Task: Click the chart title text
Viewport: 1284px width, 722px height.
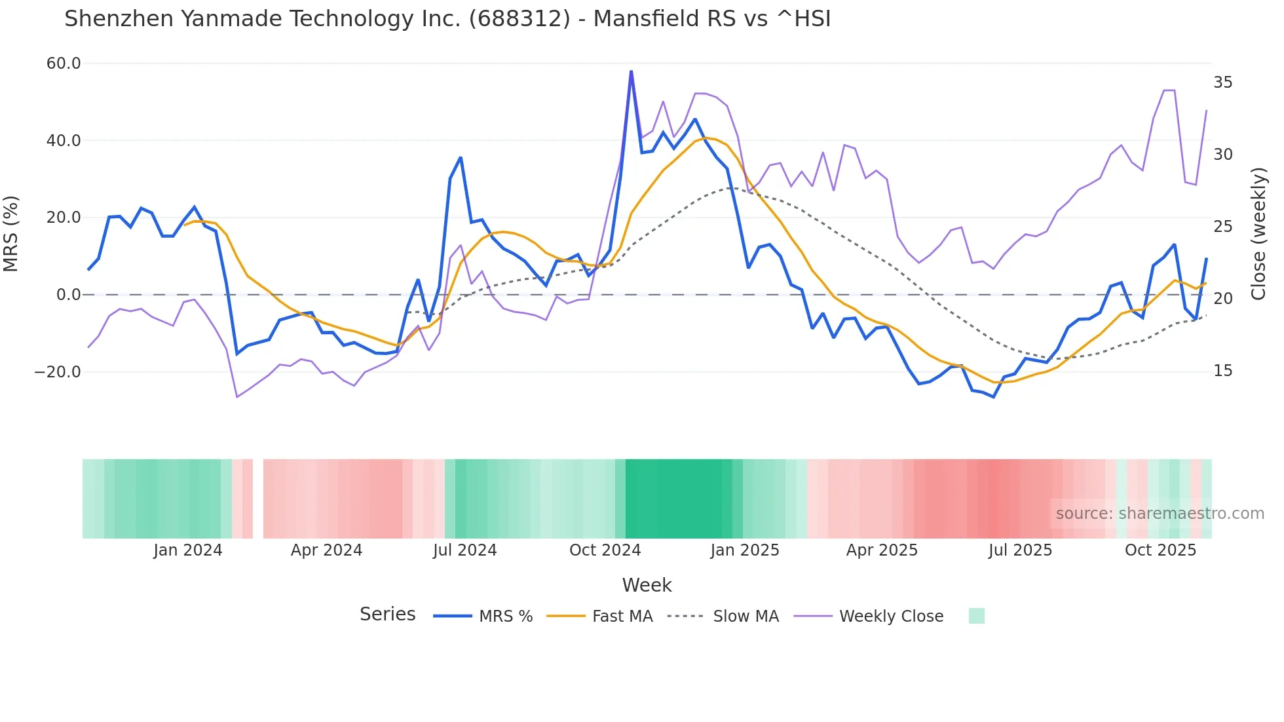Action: pos(447,19)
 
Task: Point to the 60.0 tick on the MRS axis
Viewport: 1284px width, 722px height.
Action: pos(64,64)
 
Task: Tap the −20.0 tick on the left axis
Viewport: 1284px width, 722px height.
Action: pos(58,372)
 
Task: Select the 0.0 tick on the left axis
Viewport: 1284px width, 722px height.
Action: pos(68,295)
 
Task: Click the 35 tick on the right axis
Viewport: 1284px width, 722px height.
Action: pos(1222,83)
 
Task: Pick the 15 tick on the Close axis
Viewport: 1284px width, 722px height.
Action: pos(1222,371)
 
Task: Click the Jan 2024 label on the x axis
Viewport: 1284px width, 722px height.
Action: pos(188,550)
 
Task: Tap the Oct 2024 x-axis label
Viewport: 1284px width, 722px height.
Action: pos(605,550)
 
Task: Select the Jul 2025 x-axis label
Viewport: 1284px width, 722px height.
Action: pos(1020,550)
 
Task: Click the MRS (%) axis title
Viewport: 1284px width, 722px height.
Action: pos(11,234)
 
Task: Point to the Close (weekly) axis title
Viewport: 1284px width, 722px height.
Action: pos(1258,234)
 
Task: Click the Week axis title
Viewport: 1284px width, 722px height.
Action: pos(647,585)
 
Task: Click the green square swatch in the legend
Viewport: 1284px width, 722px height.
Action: pos(976,616)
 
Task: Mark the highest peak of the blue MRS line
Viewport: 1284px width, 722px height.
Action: pos(631,71)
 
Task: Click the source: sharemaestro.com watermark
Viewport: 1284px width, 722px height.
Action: pos(1160,514)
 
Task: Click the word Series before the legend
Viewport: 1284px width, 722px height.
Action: pos(387,615)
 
